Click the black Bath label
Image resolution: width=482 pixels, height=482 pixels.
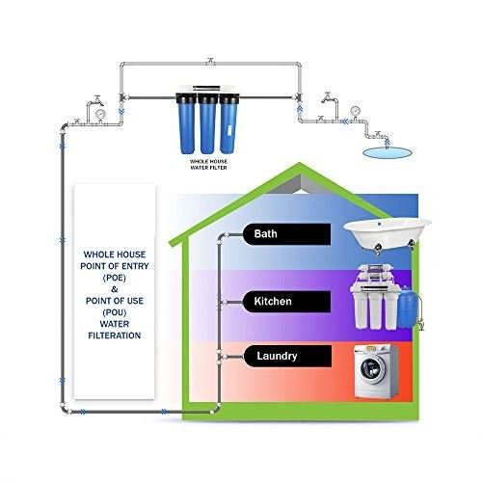click(286, 234)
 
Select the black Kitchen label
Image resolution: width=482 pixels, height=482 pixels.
click(286, 302)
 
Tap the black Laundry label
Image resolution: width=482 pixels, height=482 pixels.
click(287, 356)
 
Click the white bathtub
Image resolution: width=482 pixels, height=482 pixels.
click(388, 234)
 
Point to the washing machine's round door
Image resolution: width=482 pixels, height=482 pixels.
click(373, 368)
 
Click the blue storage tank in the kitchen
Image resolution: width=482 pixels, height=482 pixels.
click(407, 307)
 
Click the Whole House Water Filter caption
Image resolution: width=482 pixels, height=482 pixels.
click(208, 165)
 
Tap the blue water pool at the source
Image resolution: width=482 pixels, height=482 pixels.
click(387, 152)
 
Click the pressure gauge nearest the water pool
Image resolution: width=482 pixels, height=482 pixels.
click(355, 111)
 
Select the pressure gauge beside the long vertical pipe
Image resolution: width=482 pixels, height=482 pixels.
click(100, 114)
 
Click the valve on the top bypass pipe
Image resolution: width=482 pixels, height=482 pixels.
click(210, 61)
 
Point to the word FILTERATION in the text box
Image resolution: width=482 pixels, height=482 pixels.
click(115, 335)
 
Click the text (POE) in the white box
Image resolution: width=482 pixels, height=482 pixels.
click(115, 278)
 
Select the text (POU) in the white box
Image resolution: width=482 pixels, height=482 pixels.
click(115, 312)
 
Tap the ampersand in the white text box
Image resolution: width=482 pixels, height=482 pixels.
click(115, 289)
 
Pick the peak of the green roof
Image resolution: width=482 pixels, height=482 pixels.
click(300, 163)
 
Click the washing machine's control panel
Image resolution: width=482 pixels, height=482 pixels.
click(373, 349)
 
